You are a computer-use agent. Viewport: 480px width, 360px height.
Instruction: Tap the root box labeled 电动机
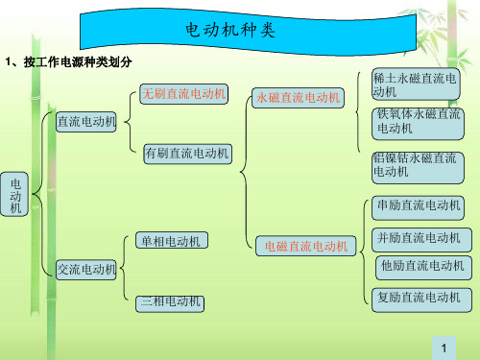pyautogui.click(x=14, y=195)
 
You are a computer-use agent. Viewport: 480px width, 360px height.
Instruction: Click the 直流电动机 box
pyautogui.click(x=86, y=123)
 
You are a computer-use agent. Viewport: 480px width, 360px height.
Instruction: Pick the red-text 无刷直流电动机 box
pyautogui.click(x=183, y=93)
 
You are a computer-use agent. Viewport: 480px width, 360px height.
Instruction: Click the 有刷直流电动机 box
pyautogui.click(x=187, y=153)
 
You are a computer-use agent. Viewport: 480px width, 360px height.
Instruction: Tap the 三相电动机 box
pyautogui.click(x=172, y=302)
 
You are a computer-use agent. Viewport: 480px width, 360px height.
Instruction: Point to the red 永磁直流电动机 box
pyautogui.click(x=299, y=97)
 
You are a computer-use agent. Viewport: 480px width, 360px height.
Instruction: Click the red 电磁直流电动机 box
pyautogui.click(x=307, y=247)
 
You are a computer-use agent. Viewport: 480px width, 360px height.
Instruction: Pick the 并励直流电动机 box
pyautogui.click(x=420, y=237)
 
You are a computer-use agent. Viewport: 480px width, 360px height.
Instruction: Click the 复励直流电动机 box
pyautogui.click(x=420, y=298)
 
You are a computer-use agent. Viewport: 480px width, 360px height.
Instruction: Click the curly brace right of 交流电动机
pyautogui.click(x=128, y=270)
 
